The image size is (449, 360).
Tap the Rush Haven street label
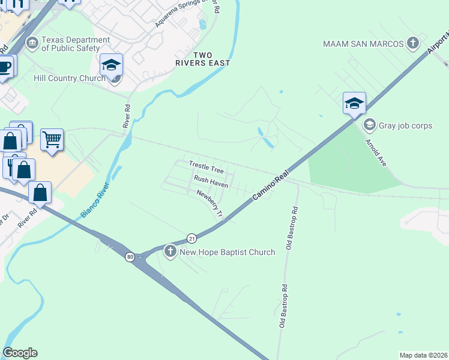pos(210,182)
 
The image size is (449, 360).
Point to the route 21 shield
pos(191,238)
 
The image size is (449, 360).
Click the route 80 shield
pos(130,257)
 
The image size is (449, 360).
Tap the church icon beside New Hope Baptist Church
pos(170,252)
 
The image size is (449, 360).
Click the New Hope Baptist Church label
pos(228,252)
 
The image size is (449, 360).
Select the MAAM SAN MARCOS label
pos(362,43)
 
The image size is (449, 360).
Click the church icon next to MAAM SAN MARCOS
pos(412,43)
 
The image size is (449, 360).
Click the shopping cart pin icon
pos(52,139)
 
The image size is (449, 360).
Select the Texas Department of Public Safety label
pos(76,44)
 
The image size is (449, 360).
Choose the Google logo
pos(20,353)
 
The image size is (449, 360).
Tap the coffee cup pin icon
pos(4,66)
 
